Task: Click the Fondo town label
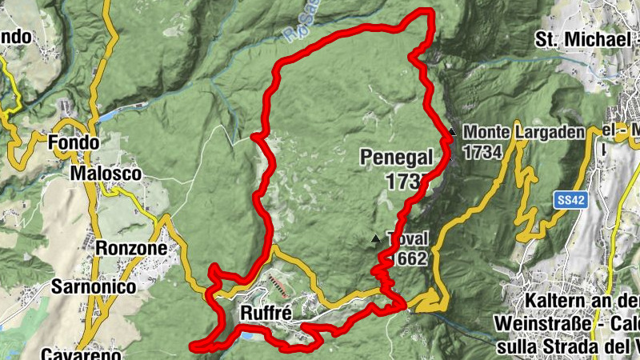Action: tap(74, 142)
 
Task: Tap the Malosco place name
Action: tap(106, 174)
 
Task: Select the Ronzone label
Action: tap(131, 249)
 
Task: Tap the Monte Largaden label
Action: tap(524, 132)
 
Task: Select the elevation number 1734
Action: tap(482, 152)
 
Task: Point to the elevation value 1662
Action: tap(408, 258)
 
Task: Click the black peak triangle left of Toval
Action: tap(376, 238)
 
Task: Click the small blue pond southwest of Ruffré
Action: tap(246, 338)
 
